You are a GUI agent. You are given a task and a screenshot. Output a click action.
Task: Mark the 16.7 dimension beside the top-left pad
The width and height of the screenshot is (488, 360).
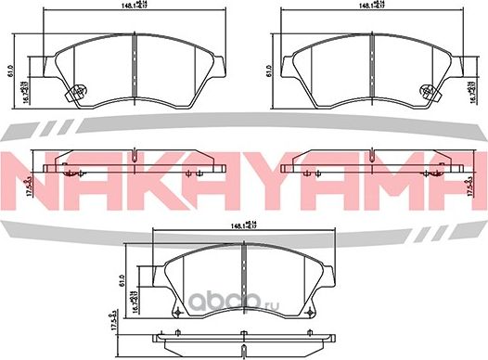pos(25,88)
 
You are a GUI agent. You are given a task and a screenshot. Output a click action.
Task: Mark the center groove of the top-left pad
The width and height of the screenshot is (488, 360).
pos(135,65)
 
